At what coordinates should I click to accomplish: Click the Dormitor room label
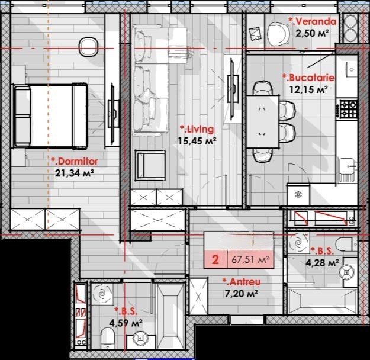75,162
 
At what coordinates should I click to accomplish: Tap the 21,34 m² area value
75,173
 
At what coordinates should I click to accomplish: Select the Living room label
197,129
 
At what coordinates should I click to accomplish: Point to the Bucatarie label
308,78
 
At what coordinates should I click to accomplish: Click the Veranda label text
313,21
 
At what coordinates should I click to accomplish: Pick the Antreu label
242,282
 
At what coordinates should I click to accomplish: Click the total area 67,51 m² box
250,259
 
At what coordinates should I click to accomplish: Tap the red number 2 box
215,259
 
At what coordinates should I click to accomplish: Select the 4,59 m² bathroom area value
126,323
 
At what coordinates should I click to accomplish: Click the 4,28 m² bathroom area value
323,262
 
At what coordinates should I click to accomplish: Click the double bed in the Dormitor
50,116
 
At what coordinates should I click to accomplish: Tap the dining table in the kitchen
263,121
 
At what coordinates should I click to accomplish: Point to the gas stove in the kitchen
348,108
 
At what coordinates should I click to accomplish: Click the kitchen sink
347,170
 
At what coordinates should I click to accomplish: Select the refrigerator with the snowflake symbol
298,195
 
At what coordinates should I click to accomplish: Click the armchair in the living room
150,165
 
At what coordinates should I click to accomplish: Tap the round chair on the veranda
278,34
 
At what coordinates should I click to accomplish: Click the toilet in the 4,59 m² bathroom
108,338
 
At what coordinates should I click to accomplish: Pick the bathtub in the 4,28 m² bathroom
322,301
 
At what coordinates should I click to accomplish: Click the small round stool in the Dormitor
88,47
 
